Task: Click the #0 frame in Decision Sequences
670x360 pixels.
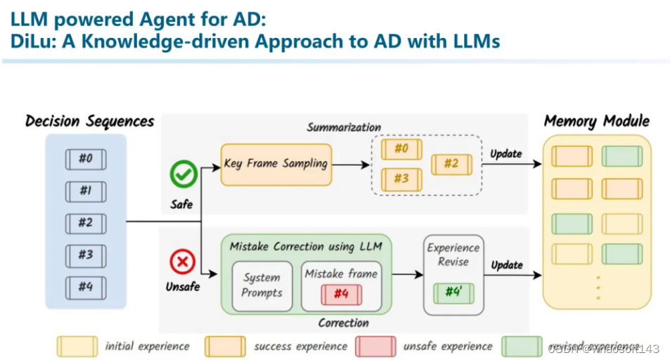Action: click(x=85, y=159)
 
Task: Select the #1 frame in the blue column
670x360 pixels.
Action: click(x=85, y=191)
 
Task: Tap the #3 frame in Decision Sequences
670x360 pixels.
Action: click(x=85, y=255)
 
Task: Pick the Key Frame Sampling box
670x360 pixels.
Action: click(x=275, y=164)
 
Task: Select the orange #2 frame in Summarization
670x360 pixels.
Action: click(x=450, y=164)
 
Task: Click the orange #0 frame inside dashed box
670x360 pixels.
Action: click(x=401, y=149)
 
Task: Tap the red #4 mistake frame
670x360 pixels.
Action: click(x=341, y=294)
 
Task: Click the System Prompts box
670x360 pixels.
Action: click(x=262, y=285)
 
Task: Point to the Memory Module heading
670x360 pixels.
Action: click(x=596, y=121)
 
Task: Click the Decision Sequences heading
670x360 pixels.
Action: click(x=89, y=121)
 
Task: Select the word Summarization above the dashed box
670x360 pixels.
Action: click(x=344, y=127)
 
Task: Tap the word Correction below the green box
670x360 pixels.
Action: click(x=343, y=323)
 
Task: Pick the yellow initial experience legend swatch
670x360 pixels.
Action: click(x=77, y=347)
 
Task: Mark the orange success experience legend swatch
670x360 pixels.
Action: click(x=225, y=347)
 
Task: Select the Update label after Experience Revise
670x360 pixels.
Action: click(x=506, y=265)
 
